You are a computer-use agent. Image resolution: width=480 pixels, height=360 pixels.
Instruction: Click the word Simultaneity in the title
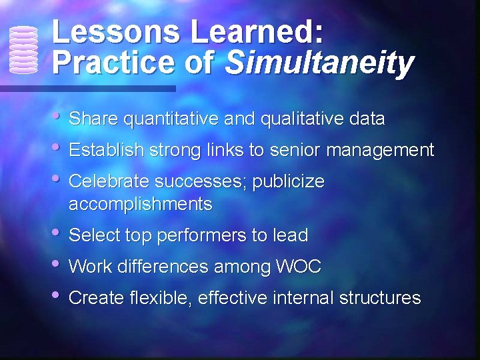coord(320,63)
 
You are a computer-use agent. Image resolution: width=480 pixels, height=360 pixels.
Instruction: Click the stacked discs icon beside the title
coord(24,49)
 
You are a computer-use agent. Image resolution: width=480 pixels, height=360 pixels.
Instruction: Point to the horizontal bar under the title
coord(87,88)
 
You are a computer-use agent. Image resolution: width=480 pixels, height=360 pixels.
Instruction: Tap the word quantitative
coord(171,119)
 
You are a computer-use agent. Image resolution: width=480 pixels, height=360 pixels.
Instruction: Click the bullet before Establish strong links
coord(58,147)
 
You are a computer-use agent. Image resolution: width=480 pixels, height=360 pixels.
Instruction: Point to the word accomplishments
coord(140,204)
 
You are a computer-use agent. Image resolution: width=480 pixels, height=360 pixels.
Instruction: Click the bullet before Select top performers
coord(58,232)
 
